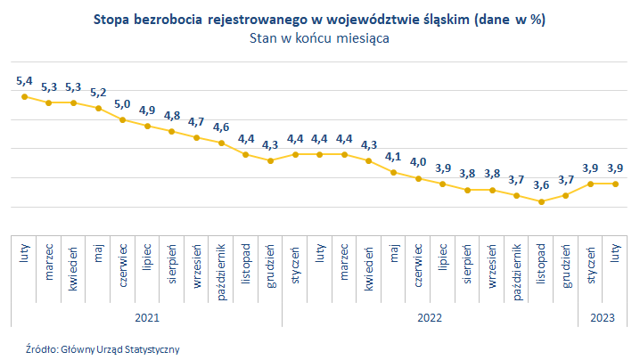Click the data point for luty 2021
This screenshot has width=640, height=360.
click(24, 96)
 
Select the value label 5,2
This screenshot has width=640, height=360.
click(98, 93)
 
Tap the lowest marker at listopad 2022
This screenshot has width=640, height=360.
click(540, 201)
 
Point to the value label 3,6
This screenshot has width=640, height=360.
click(540, 185)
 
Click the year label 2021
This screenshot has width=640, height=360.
click(147, 316)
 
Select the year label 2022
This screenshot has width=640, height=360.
click(430, 316)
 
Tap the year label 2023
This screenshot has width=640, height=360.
click(603, 316)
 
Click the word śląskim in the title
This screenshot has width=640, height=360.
click(437, 19)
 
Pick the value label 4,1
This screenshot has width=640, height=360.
click(393, 157)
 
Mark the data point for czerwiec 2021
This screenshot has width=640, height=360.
click(122, 119)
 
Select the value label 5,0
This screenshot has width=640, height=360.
click(122, 104)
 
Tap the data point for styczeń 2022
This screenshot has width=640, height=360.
click(295, 154)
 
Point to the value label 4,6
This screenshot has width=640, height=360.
click(221, 127)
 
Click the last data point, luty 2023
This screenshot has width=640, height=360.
click(615, 184)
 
